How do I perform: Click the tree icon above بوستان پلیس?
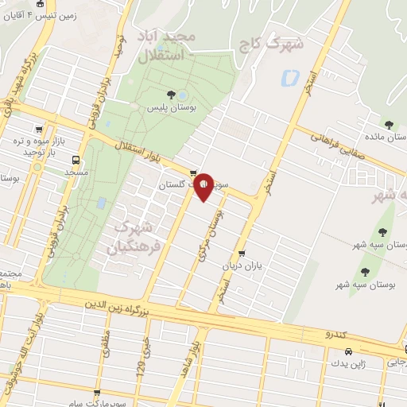(169, 95)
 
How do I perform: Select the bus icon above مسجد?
(77, 159)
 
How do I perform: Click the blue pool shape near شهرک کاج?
(289, 79)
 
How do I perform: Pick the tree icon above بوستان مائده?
(389, 124)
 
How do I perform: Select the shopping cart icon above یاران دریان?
(241, 254)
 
